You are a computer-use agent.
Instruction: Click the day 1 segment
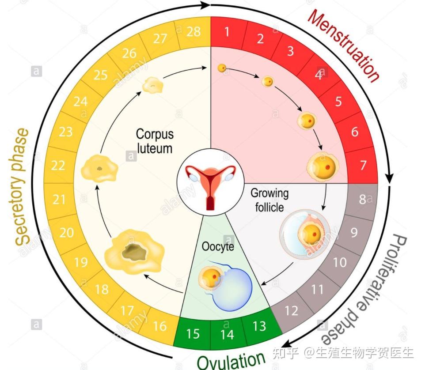(x=227, y=32)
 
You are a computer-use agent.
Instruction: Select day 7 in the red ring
(x=363, y=165)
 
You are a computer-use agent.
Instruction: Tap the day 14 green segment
(x=227, y=334)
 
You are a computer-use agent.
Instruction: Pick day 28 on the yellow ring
(x=193, y=32)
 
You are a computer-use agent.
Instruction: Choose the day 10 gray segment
(x=339, y=262)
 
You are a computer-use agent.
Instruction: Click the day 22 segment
(x=58, y=165)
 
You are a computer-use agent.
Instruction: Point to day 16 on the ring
(x=159, y=326)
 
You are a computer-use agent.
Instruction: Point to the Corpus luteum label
(x=154, y=140)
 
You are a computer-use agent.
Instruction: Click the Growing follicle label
(x=269, y=200)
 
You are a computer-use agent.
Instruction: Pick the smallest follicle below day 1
(x=223, y=68)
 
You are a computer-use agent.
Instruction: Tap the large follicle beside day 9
(x=305, y=234)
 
